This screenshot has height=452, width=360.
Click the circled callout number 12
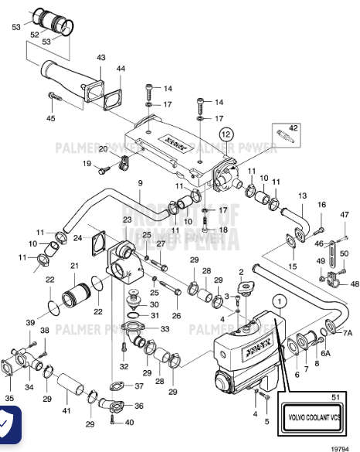pyautogui.click(x=225, y=134)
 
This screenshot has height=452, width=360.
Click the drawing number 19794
pyautogui.click(x=341, y=446)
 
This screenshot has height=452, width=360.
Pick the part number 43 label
pyautogui.click(x=101, y=58)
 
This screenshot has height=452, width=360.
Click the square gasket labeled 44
pyautogui.click(x=113, y=99)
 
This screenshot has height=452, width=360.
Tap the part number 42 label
pyautogui.click(x=292, y=127)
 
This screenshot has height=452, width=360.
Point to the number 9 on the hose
pyautogui.click(x=140, y=182)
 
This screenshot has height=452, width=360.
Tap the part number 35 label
pyautogui.click(x=10, y=399)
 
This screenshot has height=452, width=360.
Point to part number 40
pyautogui.click(x=128, y=422)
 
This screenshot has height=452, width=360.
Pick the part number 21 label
pyautogui.click(x=75, y=266)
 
